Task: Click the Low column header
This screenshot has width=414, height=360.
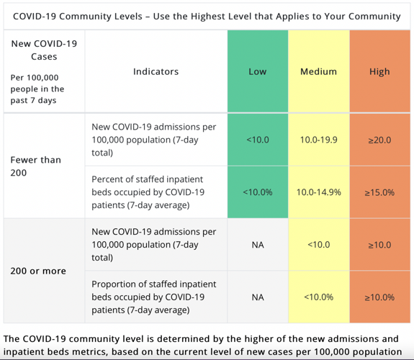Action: point(257,71)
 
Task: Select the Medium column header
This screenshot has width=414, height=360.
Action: point(318,71)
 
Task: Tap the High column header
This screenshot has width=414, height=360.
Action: point(379,71)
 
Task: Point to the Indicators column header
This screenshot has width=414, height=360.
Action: point(156,71)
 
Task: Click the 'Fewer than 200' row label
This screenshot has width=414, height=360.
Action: point(35,166)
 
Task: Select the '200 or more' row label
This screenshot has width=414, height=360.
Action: point(38,271)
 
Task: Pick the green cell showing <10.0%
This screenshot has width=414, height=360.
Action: point(257,192)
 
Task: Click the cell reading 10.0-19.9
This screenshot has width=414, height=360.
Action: point(318,140)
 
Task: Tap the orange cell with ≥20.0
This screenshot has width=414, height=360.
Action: point(379,140)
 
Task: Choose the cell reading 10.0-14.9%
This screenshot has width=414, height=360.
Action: point(318,192)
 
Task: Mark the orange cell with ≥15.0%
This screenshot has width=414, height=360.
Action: point(379,192)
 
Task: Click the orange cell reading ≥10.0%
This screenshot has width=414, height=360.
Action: point(379,297)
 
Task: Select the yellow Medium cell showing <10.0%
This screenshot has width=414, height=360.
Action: point(318,297)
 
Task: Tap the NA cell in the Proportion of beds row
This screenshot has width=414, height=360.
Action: point(257,297)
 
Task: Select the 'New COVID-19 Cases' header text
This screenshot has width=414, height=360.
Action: point(44,50)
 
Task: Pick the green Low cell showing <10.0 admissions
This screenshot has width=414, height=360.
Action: point(257,140)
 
